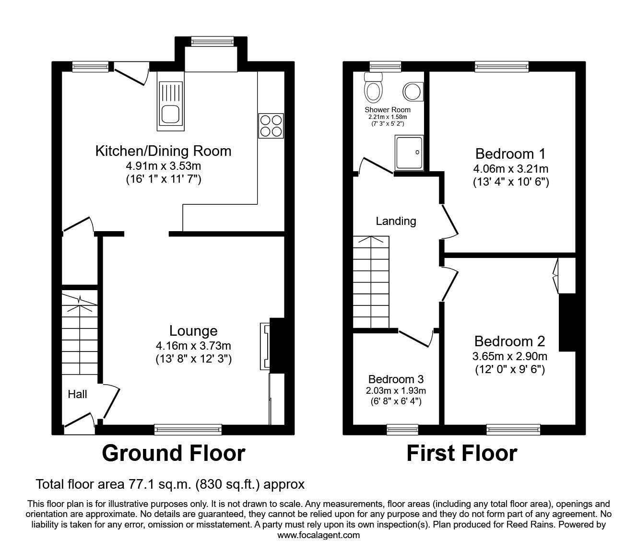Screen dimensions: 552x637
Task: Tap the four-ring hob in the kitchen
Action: tap(271, 126)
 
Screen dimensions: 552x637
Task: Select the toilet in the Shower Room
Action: tap(373, 87)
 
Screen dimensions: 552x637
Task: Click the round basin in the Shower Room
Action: tap(413, 91)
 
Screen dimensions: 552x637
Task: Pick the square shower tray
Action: tap(410, 153)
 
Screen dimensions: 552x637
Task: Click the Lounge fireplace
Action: tap(265, 346)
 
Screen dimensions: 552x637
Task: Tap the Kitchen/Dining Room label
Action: tap(163, 151)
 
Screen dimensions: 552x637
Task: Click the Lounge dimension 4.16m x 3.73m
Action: tap(193, 345)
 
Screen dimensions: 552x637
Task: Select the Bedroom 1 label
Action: tap(510, 154)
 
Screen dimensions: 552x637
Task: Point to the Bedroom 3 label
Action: tap(396, 379)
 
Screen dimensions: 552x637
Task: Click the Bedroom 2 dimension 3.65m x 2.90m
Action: tap(510, 356)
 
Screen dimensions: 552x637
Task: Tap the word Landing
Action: tap(396, 221)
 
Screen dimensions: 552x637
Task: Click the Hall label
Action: tap(77, 394)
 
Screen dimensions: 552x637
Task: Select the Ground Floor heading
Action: tap(173, 453)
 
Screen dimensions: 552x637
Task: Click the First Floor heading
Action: tap(461, 453)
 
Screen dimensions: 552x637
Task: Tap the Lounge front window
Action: tap(188, 429)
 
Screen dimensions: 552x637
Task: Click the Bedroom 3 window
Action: tap(402, 429)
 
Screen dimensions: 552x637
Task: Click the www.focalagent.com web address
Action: tap(318, 535)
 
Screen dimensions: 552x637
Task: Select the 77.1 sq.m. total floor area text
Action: tap(170, 484)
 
